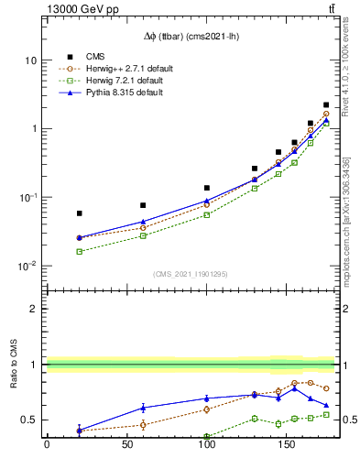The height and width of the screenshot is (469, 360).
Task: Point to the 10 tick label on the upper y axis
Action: (x=31, y=60)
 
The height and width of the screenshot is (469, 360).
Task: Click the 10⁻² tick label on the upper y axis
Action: (x=27, y=267)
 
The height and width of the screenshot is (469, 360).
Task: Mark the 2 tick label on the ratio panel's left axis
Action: (x=36, y=310)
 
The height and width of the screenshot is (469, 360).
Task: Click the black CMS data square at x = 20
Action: (x=79, y=213)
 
